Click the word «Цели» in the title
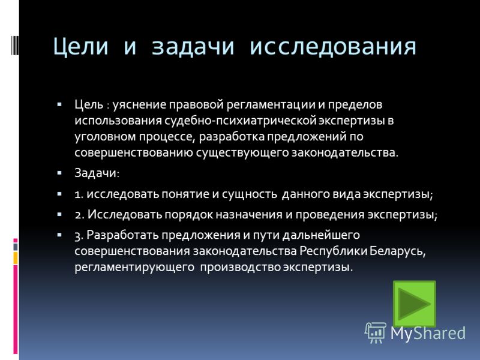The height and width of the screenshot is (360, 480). point(80,47)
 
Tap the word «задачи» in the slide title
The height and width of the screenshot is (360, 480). point(193,47)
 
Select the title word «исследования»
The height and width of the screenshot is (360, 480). point(333,47)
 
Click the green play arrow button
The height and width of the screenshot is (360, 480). point(414,304)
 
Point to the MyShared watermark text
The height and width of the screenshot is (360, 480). point(428,333)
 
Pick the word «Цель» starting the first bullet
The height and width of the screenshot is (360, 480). point(89,104)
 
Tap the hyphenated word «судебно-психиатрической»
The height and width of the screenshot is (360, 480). point(240,121)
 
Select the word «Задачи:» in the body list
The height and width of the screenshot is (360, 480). point(97,173)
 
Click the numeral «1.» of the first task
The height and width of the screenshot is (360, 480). point(79,194)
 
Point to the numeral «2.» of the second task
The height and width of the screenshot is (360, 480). point(80,215)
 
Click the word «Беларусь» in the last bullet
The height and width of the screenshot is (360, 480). point(398,251)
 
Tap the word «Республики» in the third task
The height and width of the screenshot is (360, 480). point(334,251)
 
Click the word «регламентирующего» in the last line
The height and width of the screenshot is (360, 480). point(134,268)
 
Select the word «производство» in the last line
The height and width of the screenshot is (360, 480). point(241,268)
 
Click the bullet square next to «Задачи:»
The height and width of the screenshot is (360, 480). point(59,173)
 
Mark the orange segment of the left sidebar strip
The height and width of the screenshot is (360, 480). point(16,258)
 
